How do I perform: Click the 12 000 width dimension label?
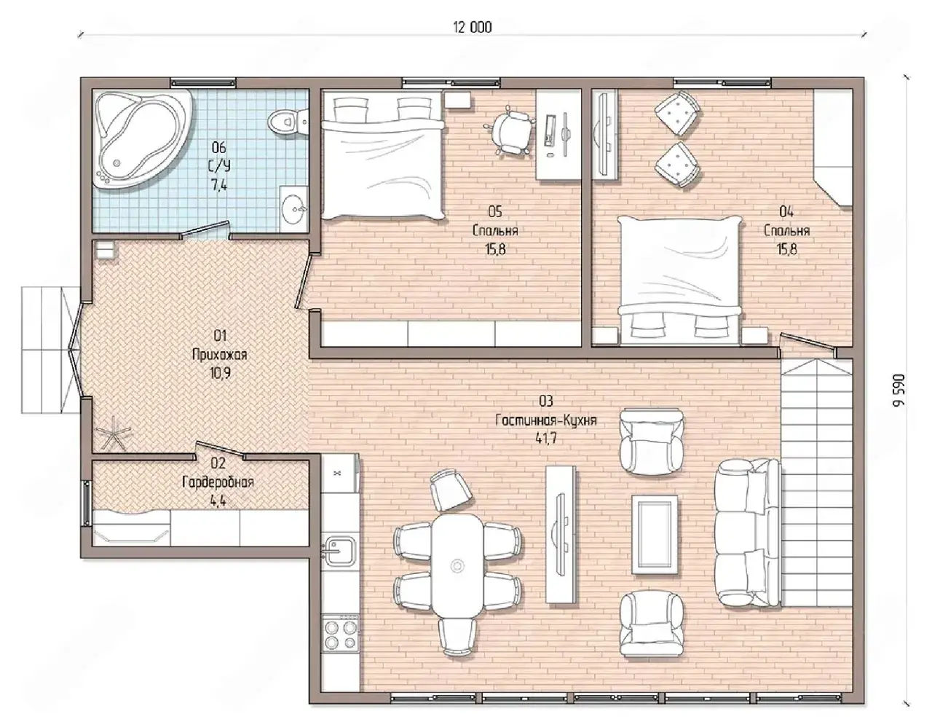pos(473,28)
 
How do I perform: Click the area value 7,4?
pos(218,185)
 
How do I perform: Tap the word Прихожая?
pos(220,356)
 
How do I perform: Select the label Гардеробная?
pos(218,482)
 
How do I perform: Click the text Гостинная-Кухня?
pos(546,420)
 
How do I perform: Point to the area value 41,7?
pos(546,439)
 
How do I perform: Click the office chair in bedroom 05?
pos(509,129)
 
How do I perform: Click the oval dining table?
pos(458,566)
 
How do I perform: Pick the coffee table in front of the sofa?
pos(655,535)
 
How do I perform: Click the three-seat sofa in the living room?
pos(749,533)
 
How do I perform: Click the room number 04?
pos(786,211)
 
